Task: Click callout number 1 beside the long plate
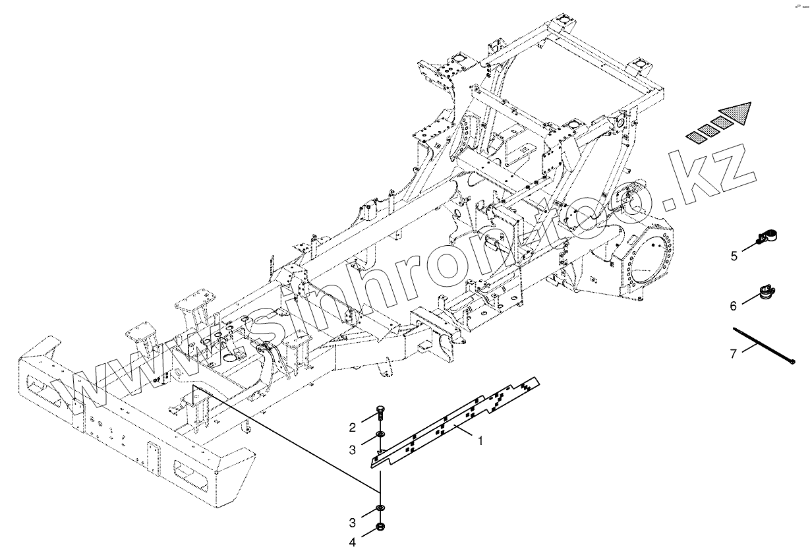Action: point(480,441)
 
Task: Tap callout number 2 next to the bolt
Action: point(353,426)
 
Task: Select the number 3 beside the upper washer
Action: point(353,450)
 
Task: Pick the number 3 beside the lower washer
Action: point(353,523)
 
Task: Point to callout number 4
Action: point(353,542)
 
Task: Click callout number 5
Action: point(734,256)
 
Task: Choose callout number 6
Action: point(732,306)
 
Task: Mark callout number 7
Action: point(733,354)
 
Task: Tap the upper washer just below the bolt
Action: point(380,434)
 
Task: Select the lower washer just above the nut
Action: point(380,508)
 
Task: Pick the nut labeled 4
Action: point(380,527)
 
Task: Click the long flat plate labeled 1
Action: point(455,422)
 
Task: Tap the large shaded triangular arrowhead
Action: point(737,115)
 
